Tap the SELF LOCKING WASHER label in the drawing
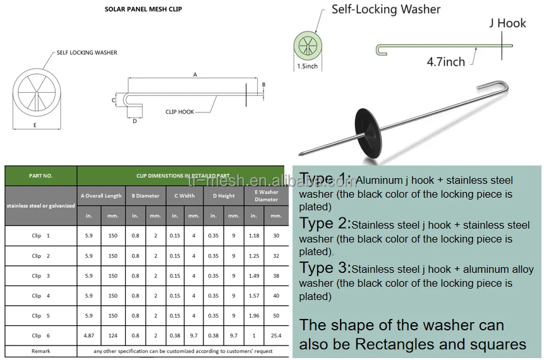(87, 52)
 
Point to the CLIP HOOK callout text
(179, 112)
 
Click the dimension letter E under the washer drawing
(35, 125)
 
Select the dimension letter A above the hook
(195, 75)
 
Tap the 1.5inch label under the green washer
(308, 66)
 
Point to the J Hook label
(507, 23)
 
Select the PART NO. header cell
(40, 176)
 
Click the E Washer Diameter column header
(266, 196)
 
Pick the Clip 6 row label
(40, 335)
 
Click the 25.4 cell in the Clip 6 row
(275, 335)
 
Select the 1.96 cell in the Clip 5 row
(253, 315)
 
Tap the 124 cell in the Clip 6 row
(112, 335)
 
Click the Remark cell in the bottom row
(40, 351)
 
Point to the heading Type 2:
(325, 224)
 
